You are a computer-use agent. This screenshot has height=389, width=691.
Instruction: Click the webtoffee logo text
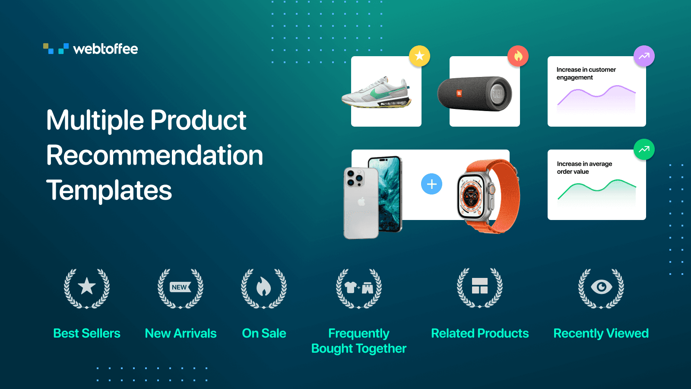[x=105, y=49]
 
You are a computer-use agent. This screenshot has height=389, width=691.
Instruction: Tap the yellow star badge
[x=419, y=56]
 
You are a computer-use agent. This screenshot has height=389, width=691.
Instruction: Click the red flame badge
[x=518, y=56]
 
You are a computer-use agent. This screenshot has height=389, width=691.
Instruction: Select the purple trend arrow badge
[x=644, y=56]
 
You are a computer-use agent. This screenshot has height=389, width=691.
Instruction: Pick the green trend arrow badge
[x=644, y=149]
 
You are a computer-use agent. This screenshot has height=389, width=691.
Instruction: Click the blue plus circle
[x=431, y=184]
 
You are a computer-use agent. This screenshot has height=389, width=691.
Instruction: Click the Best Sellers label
[x=87, y=333]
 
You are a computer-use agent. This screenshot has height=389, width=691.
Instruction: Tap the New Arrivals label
[x=181, y=333]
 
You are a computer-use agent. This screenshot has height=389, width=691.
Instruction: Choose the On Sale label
[x=264, y=333]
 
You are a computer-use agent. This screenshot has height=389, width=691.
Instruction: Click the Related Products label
[x=480, y=333]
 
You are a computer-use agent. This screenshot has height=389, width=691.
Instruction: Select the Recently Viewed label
[x=601, y=333]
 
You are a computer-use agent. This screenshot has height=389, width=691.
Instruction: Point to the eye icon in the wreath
[x=601, y=287]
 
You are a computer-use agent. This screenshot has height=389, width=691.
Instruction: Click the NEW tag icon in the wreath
[x=180, y=287]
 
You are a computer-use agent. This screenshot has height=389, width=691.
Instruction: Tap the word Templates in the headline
[x=109, y=191]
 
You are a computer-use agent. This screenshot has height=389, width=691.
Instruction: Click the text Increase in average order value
[x=584, y=168]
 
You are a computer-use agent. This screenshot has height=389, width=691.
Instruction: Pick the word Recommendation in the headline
[x=155, y=156]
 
